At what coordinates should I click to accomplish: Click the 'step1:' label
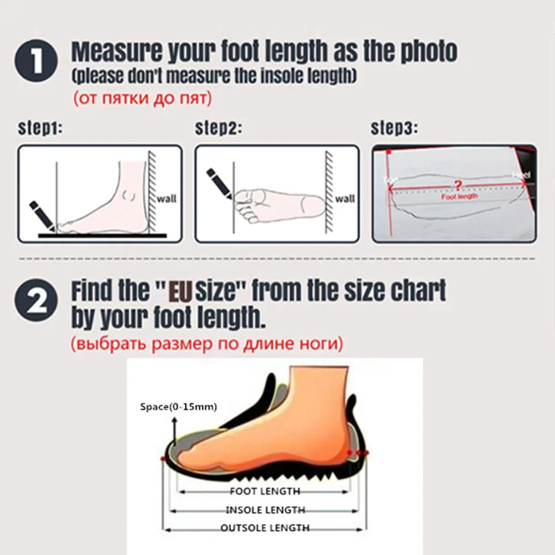pyautogui.click(x=40, y=129)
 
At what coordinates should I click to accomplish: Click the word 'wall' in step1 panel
pyautogui.click(x=167, y=198)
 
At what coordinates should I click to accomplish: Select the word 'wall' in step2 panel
pyautogui.click(x=345, y=198)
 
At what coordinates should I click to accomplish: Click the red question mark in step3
pyautogui.click(x=458, y=184)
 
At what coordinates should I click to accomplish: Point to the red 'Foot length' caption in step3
pyautogui.click(x=459, y=196)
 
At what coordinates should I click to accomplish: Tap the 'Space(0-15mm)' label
pyautogui.click(x=178, y=407)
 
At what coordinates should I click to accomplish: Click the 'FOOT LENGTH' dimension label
pyautogui.click(x=265, y=491)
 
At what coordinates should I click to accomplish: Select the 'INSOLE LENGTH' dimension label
pyautogui.click(x=265, y=509)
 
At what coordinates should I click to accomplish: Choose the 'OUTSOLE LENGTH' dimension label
pyautogui.click(x=265, y=528)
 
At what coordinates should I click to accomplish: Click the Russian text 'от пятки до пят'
pyautogui.click(x=142, y=99)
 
